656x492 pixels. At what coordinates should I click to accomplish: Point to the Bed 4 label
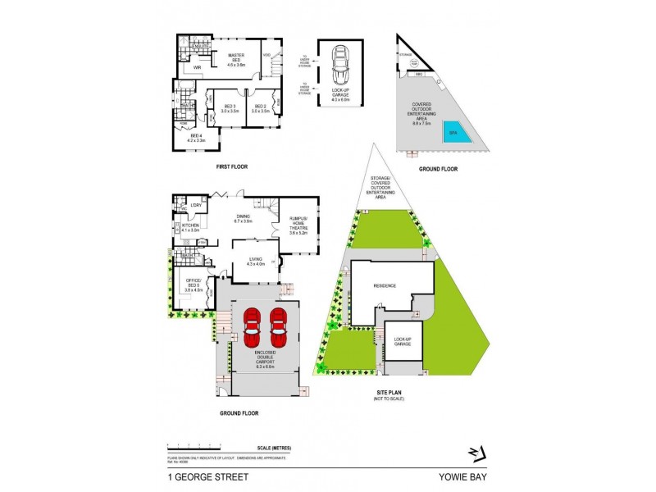[x=194, y=139]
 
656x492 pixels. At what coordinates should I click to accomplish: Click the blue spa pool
[x=458, y=135]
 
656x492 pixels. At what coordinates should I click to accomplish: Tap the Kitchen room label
[x=191, y=227]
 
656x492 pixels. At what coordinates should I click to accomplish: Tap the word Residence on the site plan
[x=385, y=286]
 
